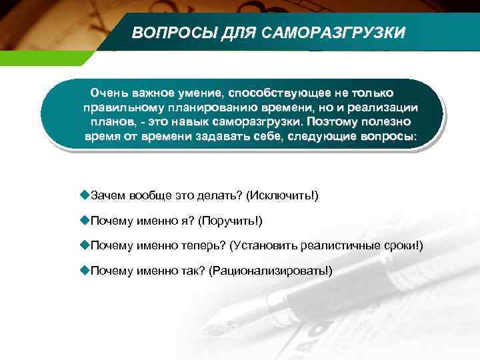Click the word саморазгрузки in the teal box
coord(263,122)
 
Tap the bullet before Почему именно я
coord(84,220)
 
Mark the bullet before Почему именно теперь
coord(84,245)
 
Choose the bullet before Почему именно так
coord(84,270)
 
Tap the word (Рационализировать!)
coord(270,271)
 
